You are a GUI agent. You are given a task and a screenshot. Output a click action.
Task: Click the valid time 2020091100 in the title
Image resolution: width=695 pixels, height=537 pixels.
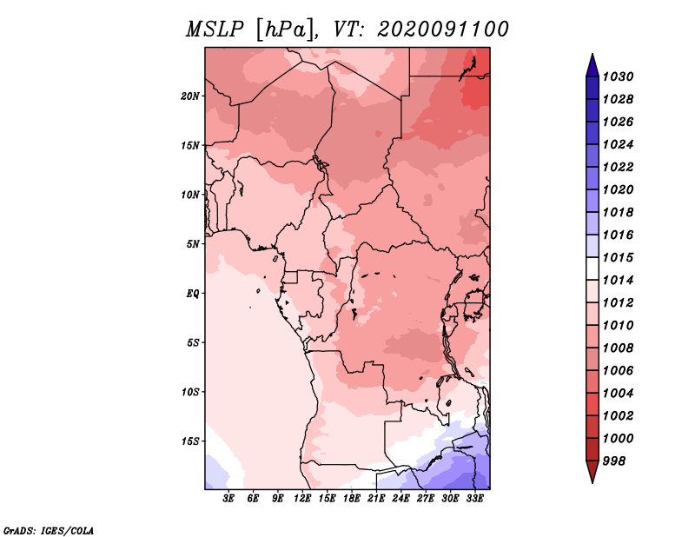[442, 29]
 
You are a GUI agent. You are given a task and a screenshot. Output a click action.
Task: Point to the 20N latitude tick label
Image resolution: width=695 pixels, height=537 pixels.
[190, 96]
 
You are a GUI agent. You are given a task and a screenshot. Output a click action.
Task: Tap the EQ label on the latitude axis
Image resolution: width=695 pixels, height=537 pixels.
[193, 293]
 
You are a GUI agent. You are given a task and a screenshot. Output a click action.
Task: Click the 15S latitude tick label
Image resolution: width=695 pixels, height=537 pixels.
[190, 441]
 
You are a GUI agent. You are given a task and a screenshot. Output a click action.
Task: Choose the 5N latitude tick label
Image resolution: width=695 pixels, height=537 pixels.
[193, 243]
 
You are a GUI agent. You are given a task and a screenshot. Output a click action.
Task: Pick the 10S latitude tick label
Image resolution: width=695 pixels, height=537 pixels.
[190, 391]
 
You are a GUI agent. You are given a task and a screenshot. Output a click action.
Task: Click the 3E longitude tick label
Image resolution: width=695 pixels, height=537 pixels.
[229, 499]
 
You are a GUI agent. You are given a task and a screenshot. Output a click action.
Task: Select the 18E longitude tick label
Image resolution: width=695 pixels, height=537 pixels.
[352, 499]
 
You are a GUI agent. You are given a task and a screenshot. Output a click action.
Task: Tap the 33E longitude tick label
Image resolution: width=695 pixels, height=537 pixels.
[474, 499]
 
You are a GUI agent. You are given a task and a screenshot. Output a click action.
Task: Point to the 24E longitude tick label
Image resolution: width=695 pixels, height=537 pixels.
[400, 499]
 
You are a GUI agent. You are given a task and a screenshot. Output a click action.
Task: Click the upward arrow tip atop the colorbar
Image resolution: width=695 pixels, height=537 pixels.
[592, 56]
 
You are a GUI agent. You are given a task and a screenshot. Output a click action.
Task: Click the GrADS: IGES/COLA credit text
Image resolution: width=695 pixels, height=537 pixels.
[48, 529]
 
